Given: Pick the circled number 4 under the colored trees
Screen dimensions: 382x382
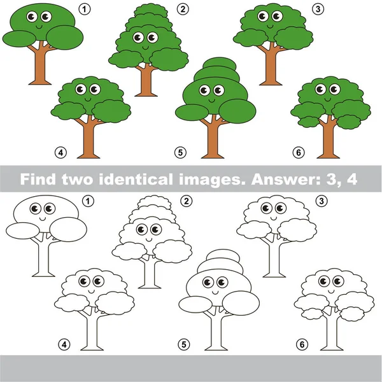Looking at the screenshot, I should [x=60, y=152].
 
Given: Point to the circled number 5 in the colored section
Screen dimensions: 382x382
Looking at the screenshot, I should [x=181, y=152].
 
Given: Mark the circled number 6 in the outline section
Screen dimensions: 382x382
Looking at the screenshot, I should [x=301, y=344].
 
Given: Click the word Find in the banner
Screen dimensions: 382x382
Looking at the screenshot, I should [x=39, y=178].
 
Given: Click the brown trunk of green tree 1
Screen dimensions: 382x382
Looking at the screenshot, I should [x=40, y=67].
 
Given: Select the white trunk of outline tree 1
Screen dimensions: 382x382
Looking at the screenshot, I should [x=41, y=261].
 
